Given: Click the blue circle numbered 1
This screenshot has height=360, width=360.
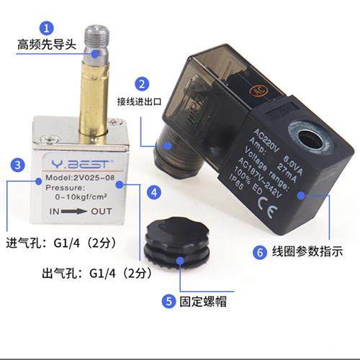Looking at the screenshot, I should (x=47, y=29).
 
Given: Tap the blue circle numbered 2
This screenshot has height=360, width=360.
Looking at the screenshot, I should (x=143, y=83).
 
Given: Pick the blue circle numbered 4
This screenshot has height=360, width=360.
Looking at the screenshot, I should (x=153, y=192).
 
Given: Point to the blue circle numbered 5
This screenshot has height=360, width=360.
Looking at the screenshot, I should (x=168, y=301).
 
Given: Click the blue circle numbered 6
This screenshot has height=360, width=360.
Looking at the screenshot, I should (x=259, y=252).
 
